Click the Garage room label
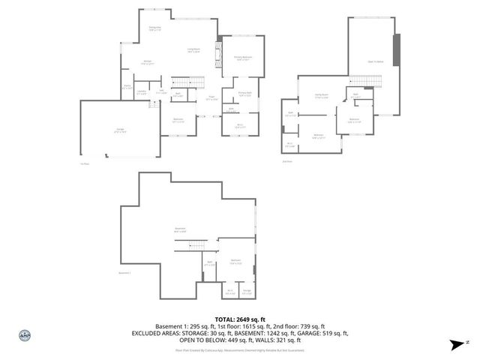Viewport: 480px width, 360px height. (120, 130)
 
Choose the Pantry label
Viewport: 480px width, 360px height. (128, 87)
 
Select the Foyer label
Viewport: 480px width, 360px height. (212, 97)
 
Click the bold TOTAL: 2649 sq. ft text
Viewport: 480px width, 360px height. (241, 319)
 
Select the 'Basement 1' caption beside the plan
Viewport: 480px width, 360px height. (125, 273)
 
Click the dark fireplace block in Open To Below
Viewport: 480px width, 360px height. (398, 49)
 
